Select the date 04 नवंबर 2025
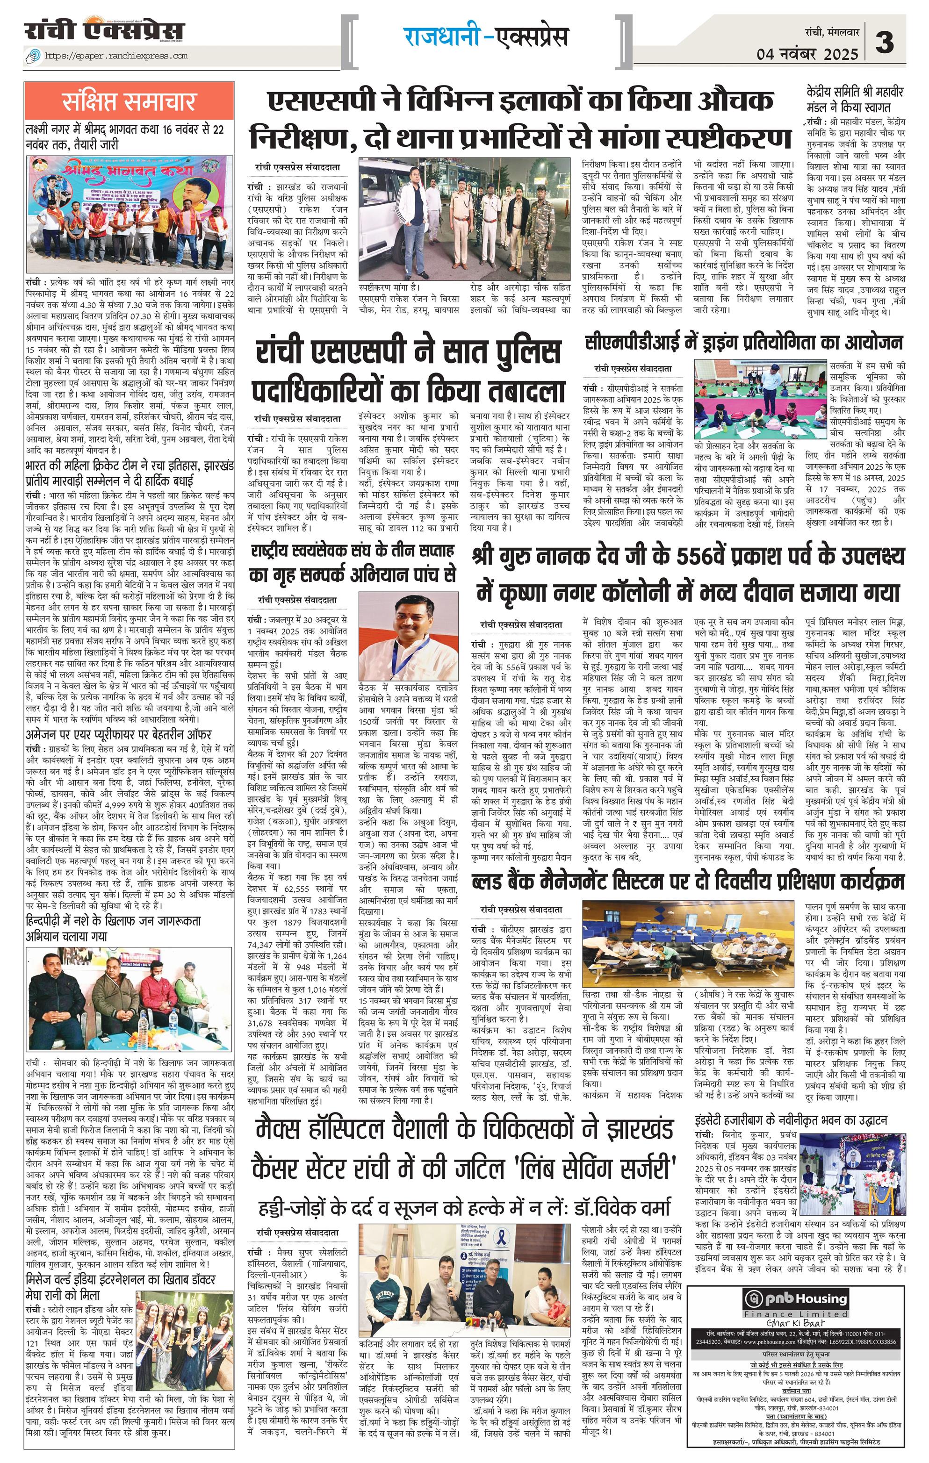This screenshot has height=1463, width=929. [807, 54]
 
